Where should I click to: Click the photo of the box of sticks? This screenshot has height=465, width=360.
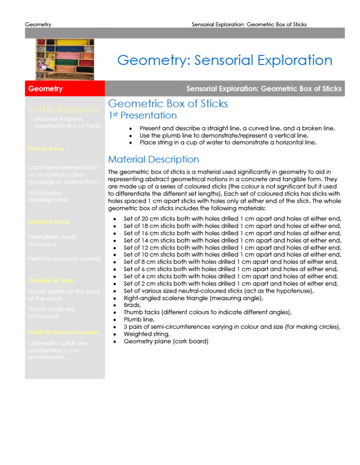(65, 59)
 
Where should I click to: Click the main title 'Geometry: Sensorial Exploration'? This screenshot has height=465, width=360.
(225, 60)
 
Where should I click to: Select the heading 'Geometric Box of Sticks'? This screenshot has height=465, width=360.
(168, 103)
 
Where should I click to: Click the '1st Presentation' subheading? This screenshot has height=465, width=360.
(142, 115)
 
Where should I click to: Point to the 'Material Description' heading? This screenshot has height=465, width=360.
(153, 160)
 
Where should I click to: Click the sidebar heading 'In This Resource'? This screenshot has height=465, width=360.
(63, 110)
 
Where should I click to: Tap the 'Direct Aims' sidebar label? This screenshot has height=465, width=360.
(45, 148)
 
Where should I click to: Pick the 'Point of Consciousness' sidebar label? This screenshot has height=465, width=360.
(63, 332)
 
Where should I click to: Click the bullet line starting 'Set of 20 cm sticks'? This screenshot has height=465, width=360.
(232, 219)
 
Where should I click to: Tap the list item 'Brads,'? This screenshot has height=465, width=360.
(133, 304)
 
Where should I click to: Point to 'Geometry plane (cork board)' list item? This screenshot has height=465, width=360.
(165, 342)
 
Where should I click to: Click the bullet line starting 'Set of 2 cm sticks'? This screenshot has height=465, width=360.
(230, 284)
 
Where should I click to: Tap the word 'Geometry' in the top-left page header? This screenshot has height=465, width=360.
(38, 24)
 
